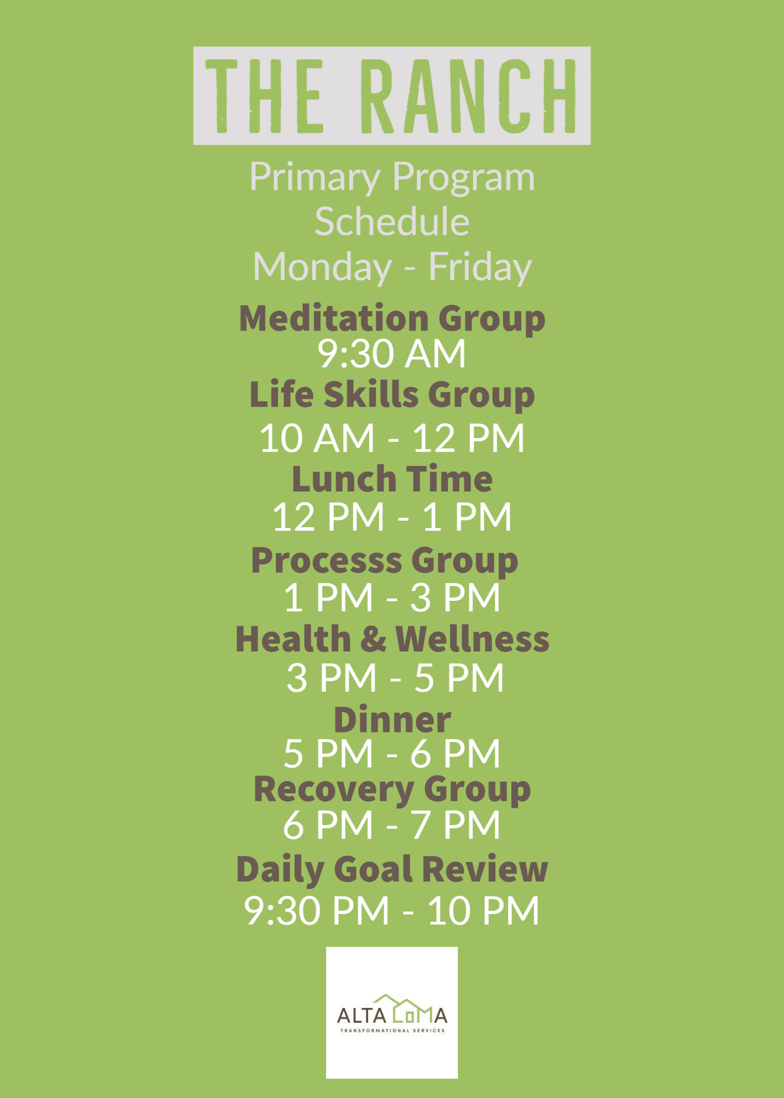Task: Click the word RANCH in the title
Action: pos(468,96)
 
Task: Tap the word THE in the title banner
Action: pos(264,96)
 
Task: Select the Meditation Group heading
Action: pos(392,319)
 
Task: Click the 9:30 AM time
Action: pos(391,354)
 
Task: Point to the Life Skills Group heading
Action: pos(392,395)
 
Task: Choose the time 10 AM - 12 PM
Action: pos(392,438)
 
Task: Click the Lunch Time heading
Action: pos(392,479)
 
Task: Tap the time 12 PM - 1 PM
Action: pos(392,517)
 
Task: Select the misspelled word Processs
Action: pos(327,561)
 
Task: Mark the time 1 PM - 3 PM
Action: pos(392,598)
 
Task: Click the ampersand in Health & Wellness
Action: pos(373,639)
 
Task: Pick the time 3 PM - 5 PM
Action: pos(395,678)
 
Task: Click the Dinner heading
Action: pos(392,719)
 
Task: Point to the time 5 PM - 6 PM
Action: pos(392,754)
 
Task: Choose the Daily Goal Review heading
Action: pos(392,870)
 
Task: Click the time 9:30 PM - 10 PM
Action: pos(392,911)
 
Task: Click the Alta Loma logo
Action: pos(392,1013)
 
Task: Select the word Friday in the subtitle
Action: pos(480,267)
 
